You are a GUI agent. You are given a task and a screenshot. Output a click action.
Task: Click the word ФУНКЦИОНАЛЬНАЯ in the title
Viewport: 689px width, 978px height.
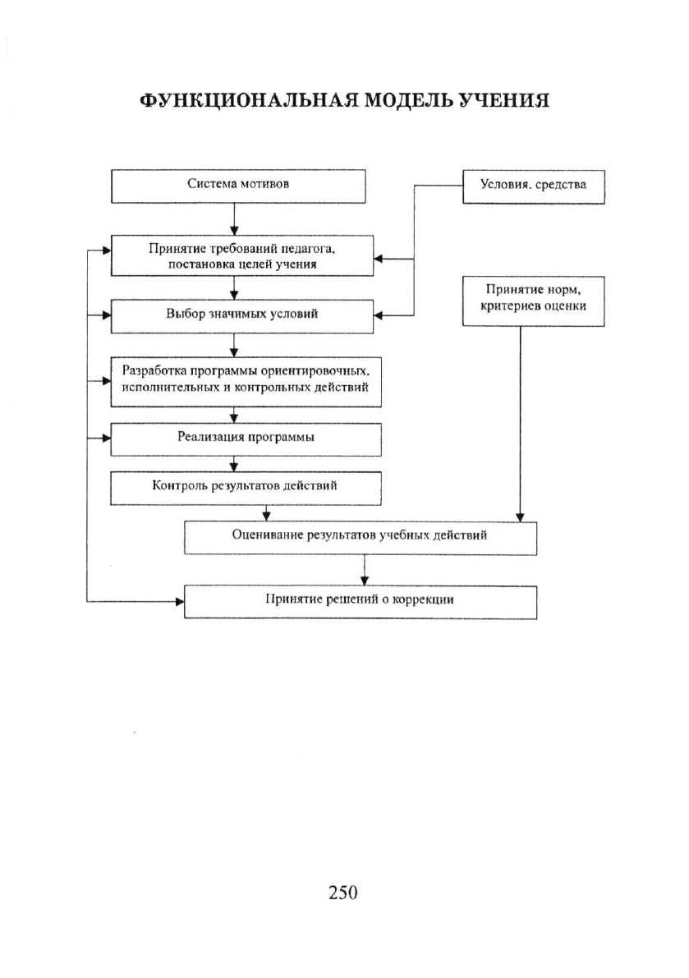(x=248, y=100)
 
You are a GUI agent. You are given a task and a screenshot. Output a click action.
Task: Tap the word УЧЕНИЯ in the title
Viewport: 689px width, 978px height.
(x=503, y=100)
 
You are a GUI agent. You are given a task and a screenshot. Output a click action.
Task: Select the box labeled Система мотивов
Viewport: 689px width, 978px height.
(x=238, y=186)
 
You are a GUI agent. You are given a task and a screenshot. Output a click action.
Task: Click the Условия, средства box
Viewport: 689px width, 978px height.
(x=533, y=186)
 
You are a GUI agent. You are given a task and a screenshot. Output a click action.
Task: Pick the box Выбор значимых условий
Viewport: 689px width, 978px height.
(x=242, y=316)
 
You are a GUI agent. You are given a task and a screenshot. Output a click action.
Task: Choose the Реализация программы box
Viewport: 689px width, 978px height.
(x=246, y=439)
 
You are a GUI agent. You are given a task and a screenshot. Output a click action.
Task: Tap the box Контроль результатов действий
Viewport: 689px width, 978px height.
(x=246, y=489)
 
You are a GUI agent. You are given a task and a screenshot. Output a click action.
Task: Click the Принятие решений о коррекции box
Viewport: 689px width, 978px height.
(x=361, y=602)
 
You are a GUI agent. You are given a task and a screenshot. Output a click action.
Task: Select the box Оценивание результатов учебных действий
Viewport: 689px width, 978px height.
(x=361, y=538)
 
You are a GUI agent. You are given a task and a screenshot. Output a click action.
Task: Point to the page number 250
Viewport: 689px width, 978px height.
(x=343, y=893)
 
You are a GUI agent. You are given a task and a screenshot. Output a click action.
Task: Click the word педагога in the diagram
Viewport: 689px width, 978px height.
(x=310, y=248)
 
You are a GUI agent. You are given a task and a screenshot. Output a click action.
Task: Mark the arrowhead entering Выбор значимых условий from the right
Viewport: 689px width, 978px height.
(x=379, y=315)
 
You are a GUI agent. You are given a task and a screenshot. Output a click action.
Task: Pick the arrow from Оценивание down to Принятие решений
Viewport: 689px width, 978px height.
(x=365, y=570)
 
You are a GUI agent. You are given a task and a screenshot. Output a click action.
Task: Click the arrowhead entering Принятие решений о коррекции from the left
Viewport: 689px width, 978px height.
(x=180, y=602)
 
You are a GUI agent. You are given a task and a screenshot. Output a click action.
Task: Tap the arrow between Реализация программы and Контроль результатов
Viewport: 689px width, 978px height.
(x=234, y=463)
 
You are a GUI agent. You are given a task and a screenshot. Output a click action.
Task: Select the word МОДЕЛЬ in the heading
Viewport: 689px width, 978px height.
(x=407, y=100)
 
